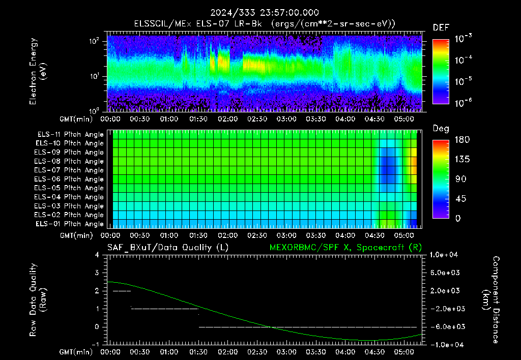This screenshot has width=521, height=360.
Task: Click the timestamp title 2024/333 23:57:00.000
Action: [265, 13]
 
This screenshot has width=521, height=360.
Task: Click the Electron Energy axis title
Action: [38, 71]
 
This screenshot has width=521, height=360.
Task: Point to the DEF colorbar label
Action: [441, 28]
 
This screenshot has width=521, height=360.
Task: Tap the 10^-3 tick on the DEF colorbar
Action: [463, 38]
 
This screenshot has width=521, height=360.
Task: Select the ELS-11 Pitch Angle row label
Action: [70, 135]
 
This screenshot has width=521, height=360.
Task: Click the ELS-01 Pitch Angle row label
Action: [70, 224]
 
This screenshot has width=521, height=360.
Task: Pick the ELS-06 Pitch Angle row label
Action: [69, 179]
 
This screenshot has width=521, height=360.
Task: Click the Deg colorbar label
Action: [441, 129]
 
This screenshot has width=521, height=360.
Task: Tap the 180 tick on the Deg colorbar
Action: [462, 139]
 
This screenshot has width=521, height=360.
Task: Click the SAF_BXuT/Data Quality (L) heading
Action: [168, 248]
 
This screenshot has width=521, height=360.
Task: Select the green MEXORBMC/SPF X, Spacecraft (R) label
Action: [345, 248]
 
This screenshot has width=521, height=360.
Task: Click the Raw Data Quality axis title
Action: [38, 299]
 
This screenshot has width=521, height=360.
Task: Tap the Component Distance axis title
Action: [491, 299]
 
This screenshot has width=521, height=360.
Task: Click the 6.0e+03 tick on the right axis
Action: [445, 273]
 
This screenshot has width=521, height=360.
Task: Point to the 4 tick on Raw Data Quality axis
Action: [97, 255]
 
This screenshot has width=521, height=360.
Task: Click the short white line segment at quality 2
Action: [122, 291]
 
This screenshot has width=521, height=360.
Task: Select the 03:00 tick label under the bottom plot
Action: [286, 352]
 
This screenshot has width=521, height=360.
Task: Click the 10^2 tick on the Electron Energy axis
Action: [94, 41]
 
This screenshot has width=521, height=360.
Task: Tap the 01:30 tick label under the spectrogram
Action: [198, 119]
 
